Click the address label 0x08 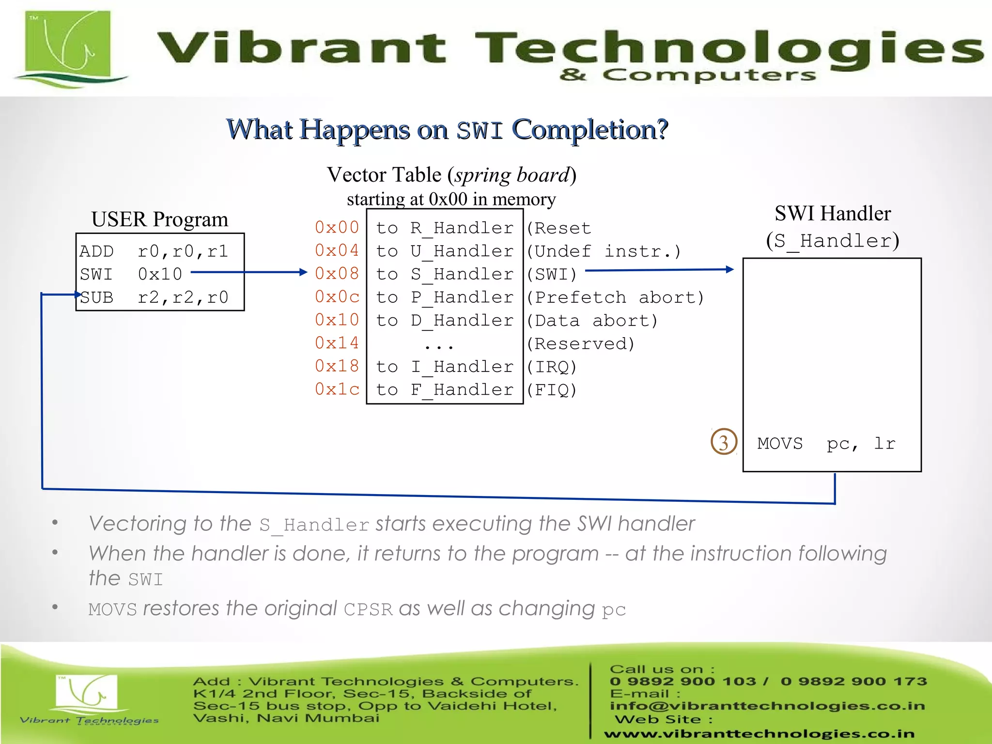tap(337, 274)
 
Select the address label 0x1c tap(337, 389)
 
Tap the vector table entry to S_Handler tap(445, 274)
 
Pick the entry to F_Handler tap(445, 389)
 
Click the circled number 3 tap(724, 442)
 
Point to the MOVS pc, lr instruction tap(826, 443)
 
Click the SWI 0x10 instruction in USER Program tap(131, 274)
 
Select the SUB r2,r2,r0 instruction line tap(154, 297)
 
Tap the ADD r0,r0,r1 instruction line tap(154, 251)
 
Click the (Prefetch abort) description tap(615, 297)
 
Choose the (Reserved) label tap(580, 343)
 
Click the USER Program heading tap(160, 219)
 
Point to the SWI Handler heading tap(832, 214)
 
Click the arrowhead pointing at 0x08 tap(303, 272)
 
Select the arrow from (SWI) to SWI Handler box tap(659, 270)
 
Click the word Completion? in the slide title tap(590, 130)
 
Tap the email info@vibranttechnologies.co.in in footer tap(767, 706)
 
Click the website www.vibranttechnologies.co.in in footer tap(759, 734)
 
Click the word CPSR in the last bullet tap(368, 609)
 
